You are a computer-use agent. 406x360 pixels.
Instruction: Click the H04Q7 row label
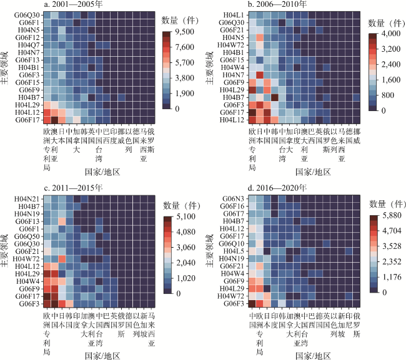(29, 45)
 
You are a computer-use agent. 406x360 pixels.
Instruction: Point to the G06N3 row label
(234, 198)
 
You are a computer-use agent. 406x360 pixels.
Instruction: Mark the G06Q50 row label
(27, 236)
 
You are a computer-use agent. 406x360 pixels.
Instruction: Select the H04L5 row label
(235, 251)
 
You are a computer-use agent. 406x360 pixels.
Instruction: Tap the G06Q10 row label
(233, 244)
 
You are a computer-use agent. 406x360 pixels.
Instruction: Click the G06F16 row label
(233, 206)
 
